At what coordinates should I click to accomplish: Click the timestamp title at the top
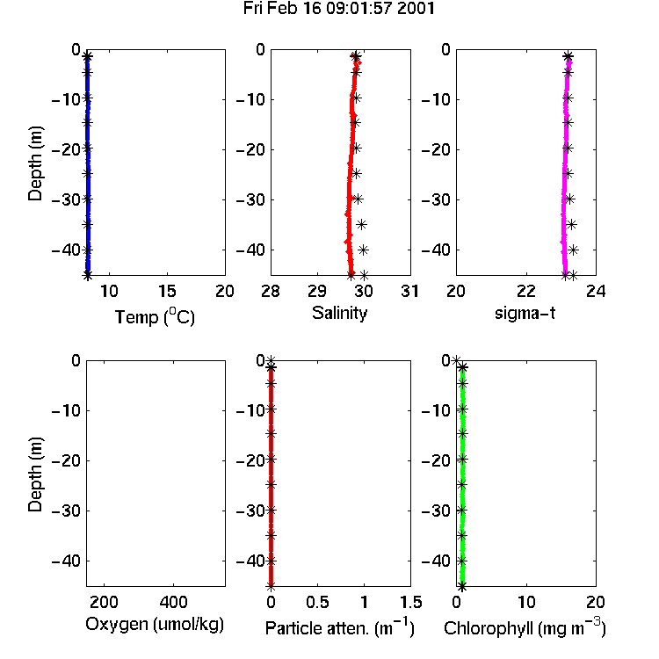point(339,9)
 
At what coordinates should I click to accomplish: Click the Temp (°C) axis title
point(155,316)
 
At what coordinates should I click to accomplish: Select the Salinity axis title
point(339,313)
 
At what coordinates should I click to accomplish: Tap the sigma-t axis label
point(525,313)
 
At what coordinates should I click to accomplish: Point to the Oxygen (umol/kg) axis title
point(155,625)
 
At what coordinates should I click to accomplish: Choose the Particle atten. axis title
point(340,628)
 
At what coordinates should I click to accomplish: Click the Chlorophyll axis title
point(525,628)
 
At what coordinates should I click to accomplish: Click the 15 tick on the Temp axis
point(167,291)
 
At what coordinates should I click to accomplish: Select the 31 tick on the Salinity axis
point(409,291)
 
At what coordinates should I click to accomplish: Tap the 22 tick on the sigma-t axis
point(526,291)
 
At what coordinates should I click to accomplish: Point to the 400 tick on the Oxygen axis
point(174,602)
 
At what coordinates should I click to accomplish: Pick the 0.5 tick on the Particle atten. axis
point(317,602)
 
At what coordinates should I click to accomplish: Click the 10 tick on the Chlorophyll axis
point(526,602)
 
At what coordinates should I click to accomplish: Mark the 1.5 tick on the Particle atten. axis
point(411,602)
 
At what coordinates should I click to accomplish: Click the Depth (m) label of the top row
point(35,163)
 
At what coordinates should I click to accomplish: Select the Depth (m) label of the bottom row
point(35,474)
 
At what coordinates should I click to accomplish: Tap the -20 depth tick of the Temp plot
point(66,149)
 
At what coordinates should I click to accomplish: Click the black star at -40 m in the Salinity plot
point(363,250)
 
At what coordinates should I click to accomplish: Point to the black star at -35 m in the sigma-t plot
point(571,224)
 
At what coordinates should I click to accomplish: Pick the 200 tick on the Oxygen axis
point(104,602)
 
